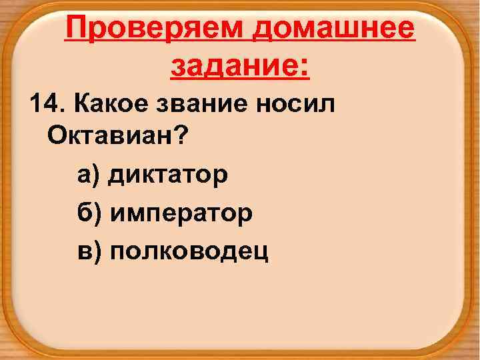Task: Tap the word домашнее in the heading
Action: (x=338, y=30)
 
